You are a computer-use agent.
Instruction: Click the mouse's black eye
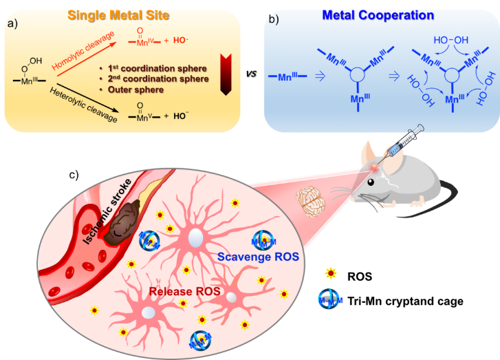click(x=372, y=183)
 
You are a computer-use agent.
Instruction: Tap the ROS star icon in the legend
click(x=331, y=275)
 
